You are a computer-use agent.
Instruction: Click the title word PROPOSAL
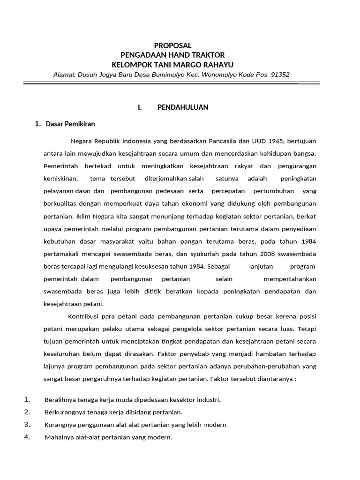tap(173, 45)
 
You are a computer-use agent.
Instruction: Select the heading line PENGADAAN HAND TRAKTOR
tap(172, 55)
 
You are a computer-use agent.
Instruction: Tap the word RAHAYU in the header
tap(215, 64)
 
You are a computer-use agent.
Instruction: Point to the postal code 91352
tap(280, 74)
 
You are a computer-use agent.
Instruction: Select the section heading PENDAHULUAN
tap(183, 107)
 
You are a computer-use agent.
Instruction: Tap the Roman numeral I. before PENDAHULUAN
tap(140, 107)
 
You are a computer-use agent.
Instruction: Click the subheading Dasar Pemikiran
tap(70, 124)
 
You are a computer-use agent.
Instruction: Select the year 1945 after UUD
tap(272, 141)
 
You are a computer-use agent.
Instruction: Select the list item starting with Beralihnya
tap(132, 400)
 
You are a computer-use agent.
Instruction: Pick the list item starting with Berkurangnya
tap(113, 412)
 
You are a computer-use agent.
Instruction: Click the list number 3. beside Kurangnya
tap(27, 425)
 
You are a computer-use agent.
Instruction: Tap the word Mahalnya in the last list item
tap(58, 438)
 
